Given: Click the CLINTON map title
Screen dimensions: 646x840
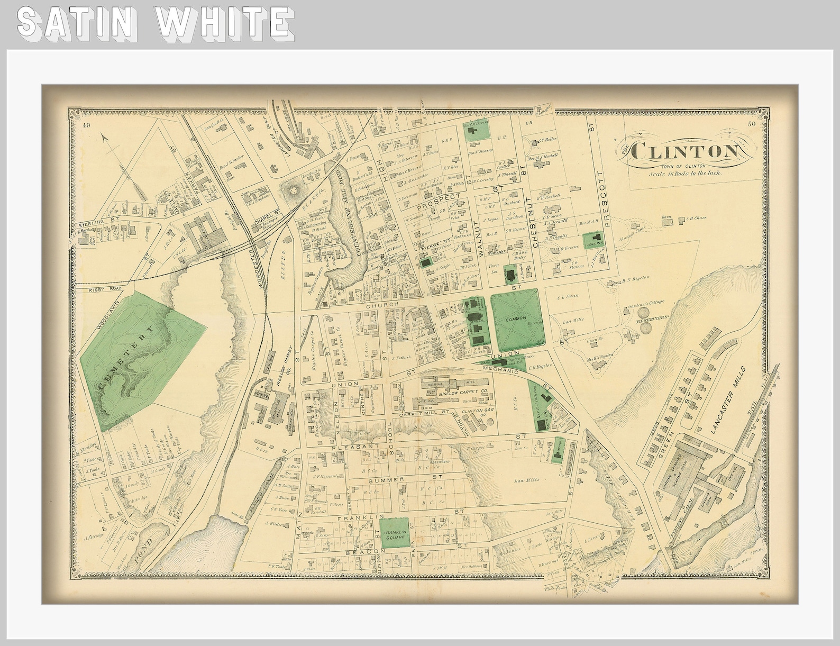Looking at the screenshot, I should [x=686, y=152].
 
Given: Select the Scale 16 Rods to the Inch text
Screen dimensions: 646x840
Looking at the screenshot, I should [x=686, y=173].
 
